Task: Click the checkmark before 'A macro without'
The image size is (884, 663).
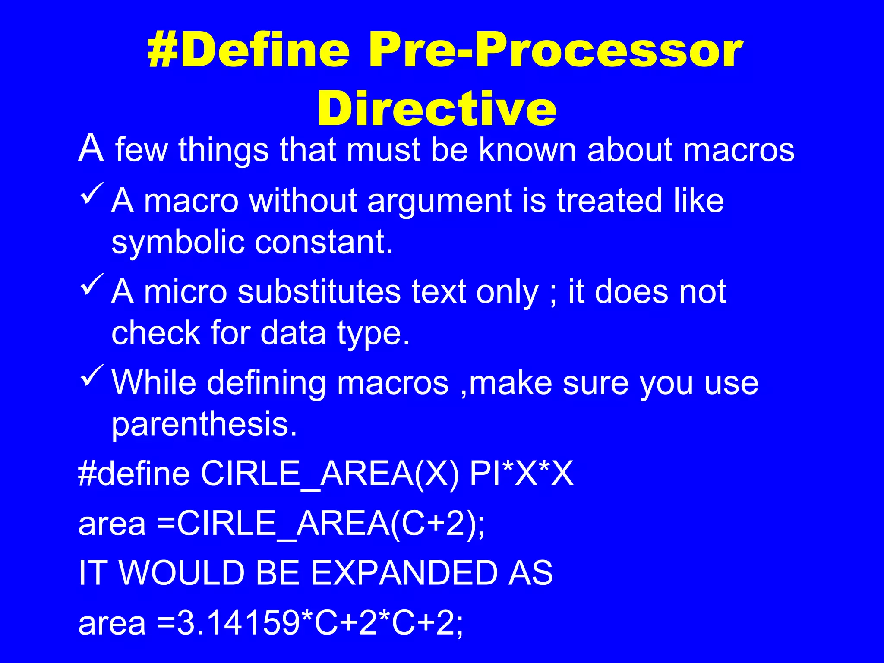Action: [x=92, y=194]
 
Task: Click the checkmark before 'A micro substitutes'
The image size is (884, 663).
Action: [x=92, y=285]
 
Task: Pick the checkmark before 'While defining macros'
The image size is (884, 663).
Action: [x=92, y=376]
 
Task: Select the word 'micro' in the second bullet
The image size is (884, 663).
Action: [x=185, y=292]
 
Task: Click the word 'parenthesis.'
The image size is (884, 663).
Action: [x=204, y=425]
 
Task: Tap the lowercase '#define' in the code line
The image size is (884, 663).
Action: [x=134, y=474]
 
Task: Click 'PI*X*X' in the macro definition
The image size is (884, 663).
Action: [x=521, y=474]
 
